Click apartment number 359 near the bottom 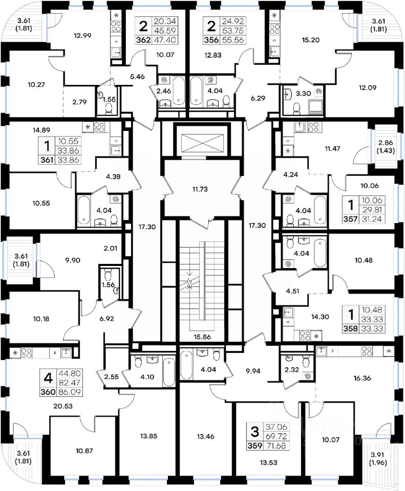[x=254, y=444]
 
